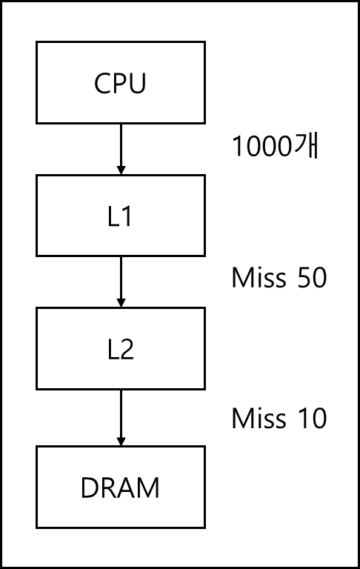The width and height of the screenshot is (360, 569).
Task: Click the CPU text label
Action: click(x=120, y=83)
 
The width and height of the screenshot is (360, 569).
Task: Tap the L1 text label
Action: click(x=120, y=216)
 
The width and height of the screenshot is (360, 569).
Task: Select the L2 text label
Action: click(x=121, y=349)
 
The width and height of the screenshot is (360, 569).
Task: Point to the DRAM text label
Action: click(x=120, y=488)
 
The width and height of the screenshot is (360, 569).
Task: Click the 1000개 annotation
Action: click(x=276, y=146)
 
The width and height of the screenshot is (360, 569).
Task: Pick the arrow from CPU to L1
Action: click(x=121, y=149)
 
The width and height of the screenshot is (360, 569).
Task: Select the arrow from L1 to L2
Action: click(x=121, y=282)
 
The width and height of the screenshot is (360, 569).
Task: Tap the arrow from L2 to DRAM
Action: click(x=121, y=418)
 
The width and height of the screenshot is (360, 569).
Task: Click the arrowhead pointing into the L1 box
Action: click(x=121, y=170)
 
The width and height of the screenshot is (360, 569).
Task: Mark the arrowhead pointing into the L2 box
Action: click(x=121, y=303)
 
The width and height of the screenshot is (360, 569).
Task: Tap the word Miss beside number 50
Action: click(x=259, y=278)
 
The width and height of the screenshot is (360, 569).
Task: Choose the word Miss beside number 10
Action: click(x=259, y=418)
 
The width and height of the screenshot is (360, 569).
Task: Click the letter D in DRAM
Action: click(x=90, y=488)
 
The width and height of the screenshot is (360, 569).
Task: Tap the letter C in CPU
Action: click(x=102, y=83)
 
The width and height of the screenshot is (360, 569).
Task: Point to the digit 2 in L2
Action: click(x=126, y=349)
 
